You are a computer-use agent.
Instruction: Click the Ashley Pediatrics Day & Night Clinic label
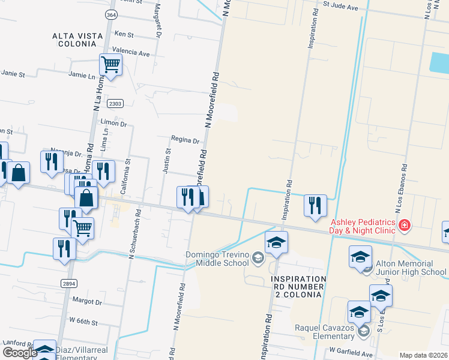click(x=362, y=225)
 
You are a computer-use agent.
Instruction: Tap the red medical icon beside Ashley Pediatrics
click(x=405, y=225)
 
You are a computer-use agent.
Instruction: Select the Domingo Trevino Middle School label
click(x=217, y=259)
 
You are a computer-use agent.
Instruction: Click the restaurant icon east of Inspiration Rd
click(x=315, y=205)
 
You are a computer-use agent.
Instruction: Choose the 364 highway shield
click(x=110, y=14)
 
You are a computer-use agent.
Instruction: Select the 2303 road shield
click(x=116, y=104)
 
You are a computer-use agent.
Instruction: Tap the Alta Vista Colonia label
click(x=78, y=40)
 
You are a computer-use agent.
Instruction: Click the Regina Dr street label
click(x=185, y=140)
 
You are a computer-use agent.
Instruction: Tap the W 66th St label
click(x=83, y=322)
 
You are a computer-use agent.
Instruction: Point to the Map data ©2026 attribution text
click(x=423, y=355)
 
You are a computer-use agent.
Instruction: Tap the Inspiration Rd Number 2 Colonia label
click(x=298, y=284)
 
